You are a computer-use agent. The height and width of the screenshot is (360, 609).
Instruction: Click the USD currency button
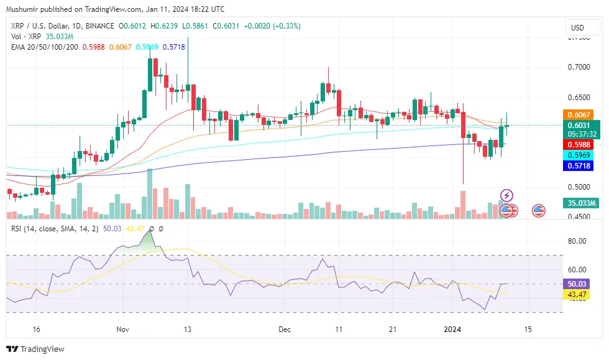(578, 27)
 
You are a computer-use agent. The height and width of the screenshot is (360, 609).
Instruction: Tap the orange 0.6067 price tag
(578, 114)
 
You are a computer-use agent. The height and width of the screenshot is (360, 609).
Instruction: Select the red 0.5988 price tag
(578, 144)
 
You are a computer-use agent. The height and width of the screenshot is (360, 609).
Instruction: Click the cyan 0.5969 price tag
(578, 155)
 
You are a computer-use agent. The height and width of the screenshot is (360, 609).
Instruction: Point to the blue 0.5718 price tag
(578, 166)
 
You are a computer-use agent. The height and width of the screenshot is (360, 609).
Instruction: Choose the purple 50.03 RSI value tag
(577, 284)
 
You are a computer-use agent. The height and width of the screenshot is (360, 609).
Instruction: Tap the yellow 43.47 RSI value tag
(577, 294)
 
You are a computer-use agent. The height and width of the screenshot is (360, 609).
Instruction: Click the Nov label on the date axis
(122, 328)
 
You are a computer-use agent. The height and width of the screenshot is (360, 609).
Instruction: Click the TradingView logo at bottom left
(35, 349)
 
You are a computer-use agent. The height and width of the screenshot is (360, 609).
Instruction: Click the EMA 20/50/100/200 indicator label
(45, 47)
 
